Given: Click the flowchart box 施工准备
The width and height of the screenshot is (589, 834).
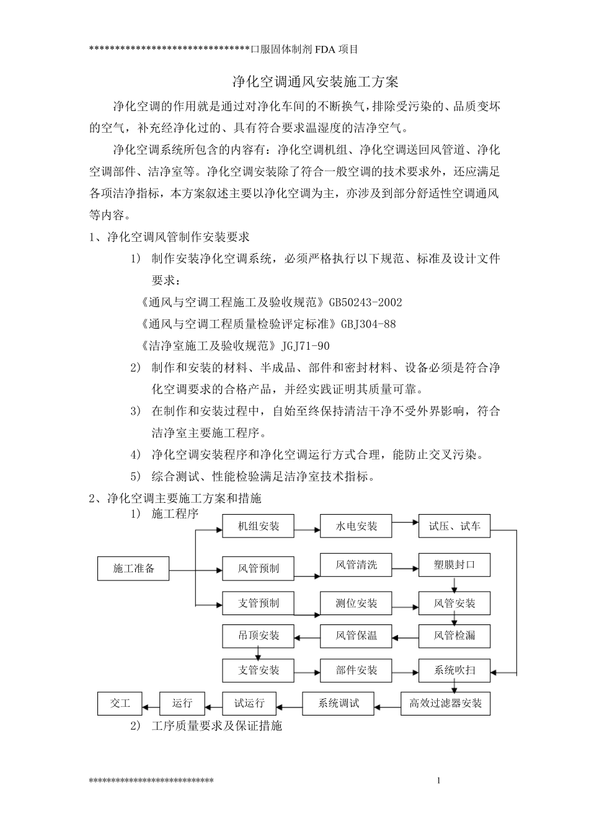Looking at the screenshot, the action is pyautogui.click(x=133, y=568).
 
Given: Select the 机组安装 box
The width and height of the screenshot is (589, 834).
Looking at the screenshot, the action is pyautogui.click(x=259, y=526).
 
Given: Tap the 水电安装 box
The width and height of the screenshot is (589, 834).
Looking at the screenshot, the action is pyautogui.click(x=356, y=526).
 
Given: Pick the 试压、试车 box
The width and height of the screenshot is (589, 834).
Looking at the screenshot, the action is pyautogui.click(x=454, y=526).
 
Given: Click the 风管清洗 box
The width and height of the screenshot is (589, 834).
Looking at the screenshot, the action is pyautogui.click(x=356, y=565).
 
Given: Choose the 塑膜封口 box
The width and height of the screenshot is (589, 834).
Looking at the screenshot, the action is pyautogui.click(x=454, y=565).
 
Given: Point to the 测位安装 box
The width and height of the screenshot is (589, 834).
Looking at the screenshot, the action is pyautogui.click(x=356, y=603).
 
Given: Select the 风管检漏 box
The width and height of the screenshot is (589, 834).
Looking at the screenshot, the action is pyautogui.click(x=454, y=636).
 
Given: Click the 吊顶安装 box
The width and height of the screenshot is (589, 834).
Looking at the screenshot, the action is pyautogui.click(x=259, y=636).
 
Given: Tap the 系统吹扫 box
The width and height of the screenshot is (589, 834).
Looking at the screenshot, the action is pyautogui.click(x=454, y=670).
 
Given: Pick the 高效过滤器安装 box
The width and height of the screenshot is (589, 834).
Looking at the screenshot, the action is pyautogui.click(x=445, y=704).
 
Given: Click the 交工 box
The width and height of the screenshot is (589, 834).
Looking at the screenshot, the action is pyautogui.click(x=120, y=703).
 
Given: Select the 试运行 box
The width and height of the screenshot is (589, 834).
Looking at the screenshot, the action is pyautogui.click(x=249, y=703).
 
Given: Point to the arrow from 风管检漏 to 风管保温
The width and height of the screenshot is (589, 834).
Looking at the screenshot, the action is pyautogui.click(x=405, y=636).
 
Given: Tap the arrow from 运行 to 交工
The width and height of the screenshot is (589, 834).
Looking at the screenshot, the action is pyautogui.click(x=151, y=705).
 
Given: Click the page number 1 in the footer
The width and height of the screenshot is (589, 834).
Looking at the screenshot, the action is pyautogui.click(x=438, y=780).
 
